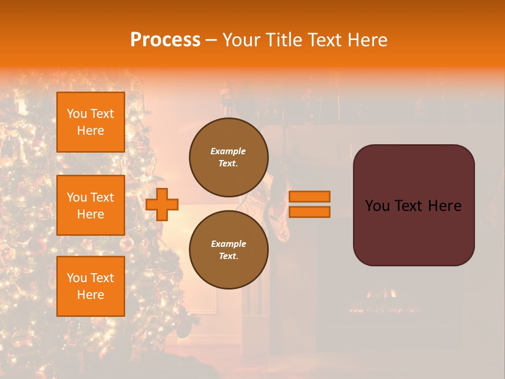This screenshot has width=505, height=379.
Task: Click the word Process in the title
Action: click(165, 40)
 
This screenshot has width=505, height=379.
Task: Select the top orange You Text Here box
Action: click(90, 122)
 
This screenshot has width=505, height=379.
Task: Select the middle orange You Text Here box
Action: click(90, 205)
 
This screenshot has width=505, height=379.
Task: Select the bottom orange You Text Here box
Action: click(90, 286)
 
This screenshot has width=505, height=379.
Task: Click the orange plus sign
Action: click(162, 204)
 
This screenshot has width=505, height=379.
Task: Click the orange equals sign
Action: click(310, 204)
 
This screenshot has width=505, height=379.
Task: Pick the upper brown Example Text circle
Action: click(229, 157)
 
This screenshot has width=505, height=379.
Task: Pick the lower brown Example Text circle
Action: click(229, 250)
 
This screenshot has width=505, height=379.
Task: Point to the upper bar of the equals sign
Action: click(310, 196)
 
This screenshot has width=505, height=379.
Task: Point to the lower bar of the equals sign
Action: click(310, 212)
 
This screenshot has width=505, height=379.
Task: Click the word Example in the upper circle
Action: click(228, 151)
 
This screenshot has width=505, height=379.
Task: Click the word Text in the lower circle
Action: click(228, 256)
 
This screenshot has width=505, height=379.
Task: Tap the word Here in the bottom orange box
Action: click(90, 295)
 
